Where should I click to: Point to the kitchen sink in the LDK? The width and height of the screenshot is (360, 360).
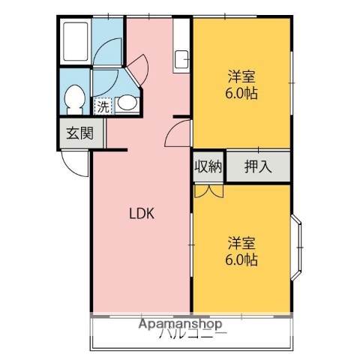(x=181, y=58)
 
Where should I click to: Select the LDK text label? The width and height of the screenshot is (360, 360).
(x=140, y=213)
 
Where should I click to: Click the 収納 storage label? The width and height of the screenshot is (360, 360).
(x=208, y=166)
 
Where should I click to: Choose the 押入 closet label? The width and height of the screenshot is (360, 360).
(x=257, y=166)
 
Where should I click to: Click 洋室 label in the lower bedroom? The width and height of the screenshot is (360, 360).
(x=241, y=243)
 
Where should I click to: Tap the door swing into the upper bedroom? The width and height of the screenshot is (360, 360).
(x=178, y=135)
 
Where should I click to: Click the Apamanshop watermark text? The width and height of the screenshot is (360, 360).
(x=180, y=325)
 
